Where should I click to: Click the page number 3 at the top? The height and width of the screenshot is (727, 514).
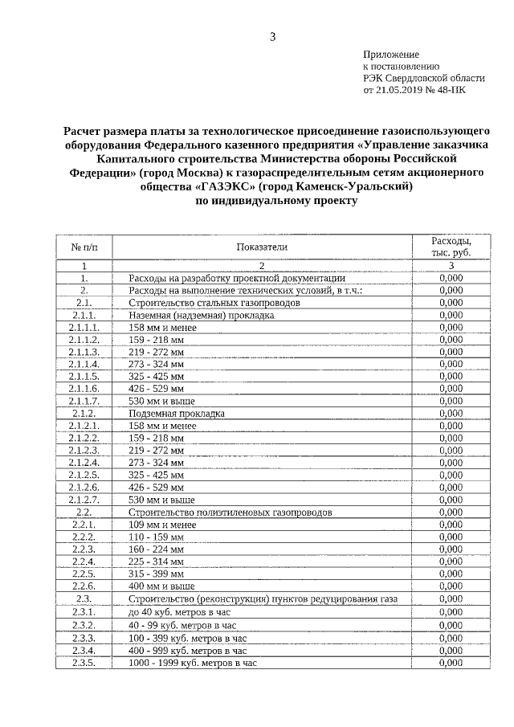pyautogui.click(x=273, y=36)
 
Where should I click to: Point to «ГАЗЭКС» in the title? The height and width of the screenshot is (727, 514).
pyautogui.click(x=226, y=186)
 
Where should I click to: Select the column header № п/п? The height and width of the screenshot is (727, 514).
pyautogui.click(x=84, y=247)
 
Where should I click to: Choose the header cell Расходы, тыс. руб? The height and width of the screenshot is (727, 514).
pyautogui.click(x=451, y=247)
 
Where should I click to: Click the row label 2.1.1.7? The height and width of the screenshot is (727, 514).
pyautogui.click(x=84, y=400)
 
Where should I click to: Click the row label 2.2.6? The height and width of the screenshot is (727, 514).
pyautogui.click(x=84, y=586)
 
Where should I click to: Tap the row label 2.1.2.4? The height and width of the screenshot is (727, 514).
pyautogui.click(x=84, y=463)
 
